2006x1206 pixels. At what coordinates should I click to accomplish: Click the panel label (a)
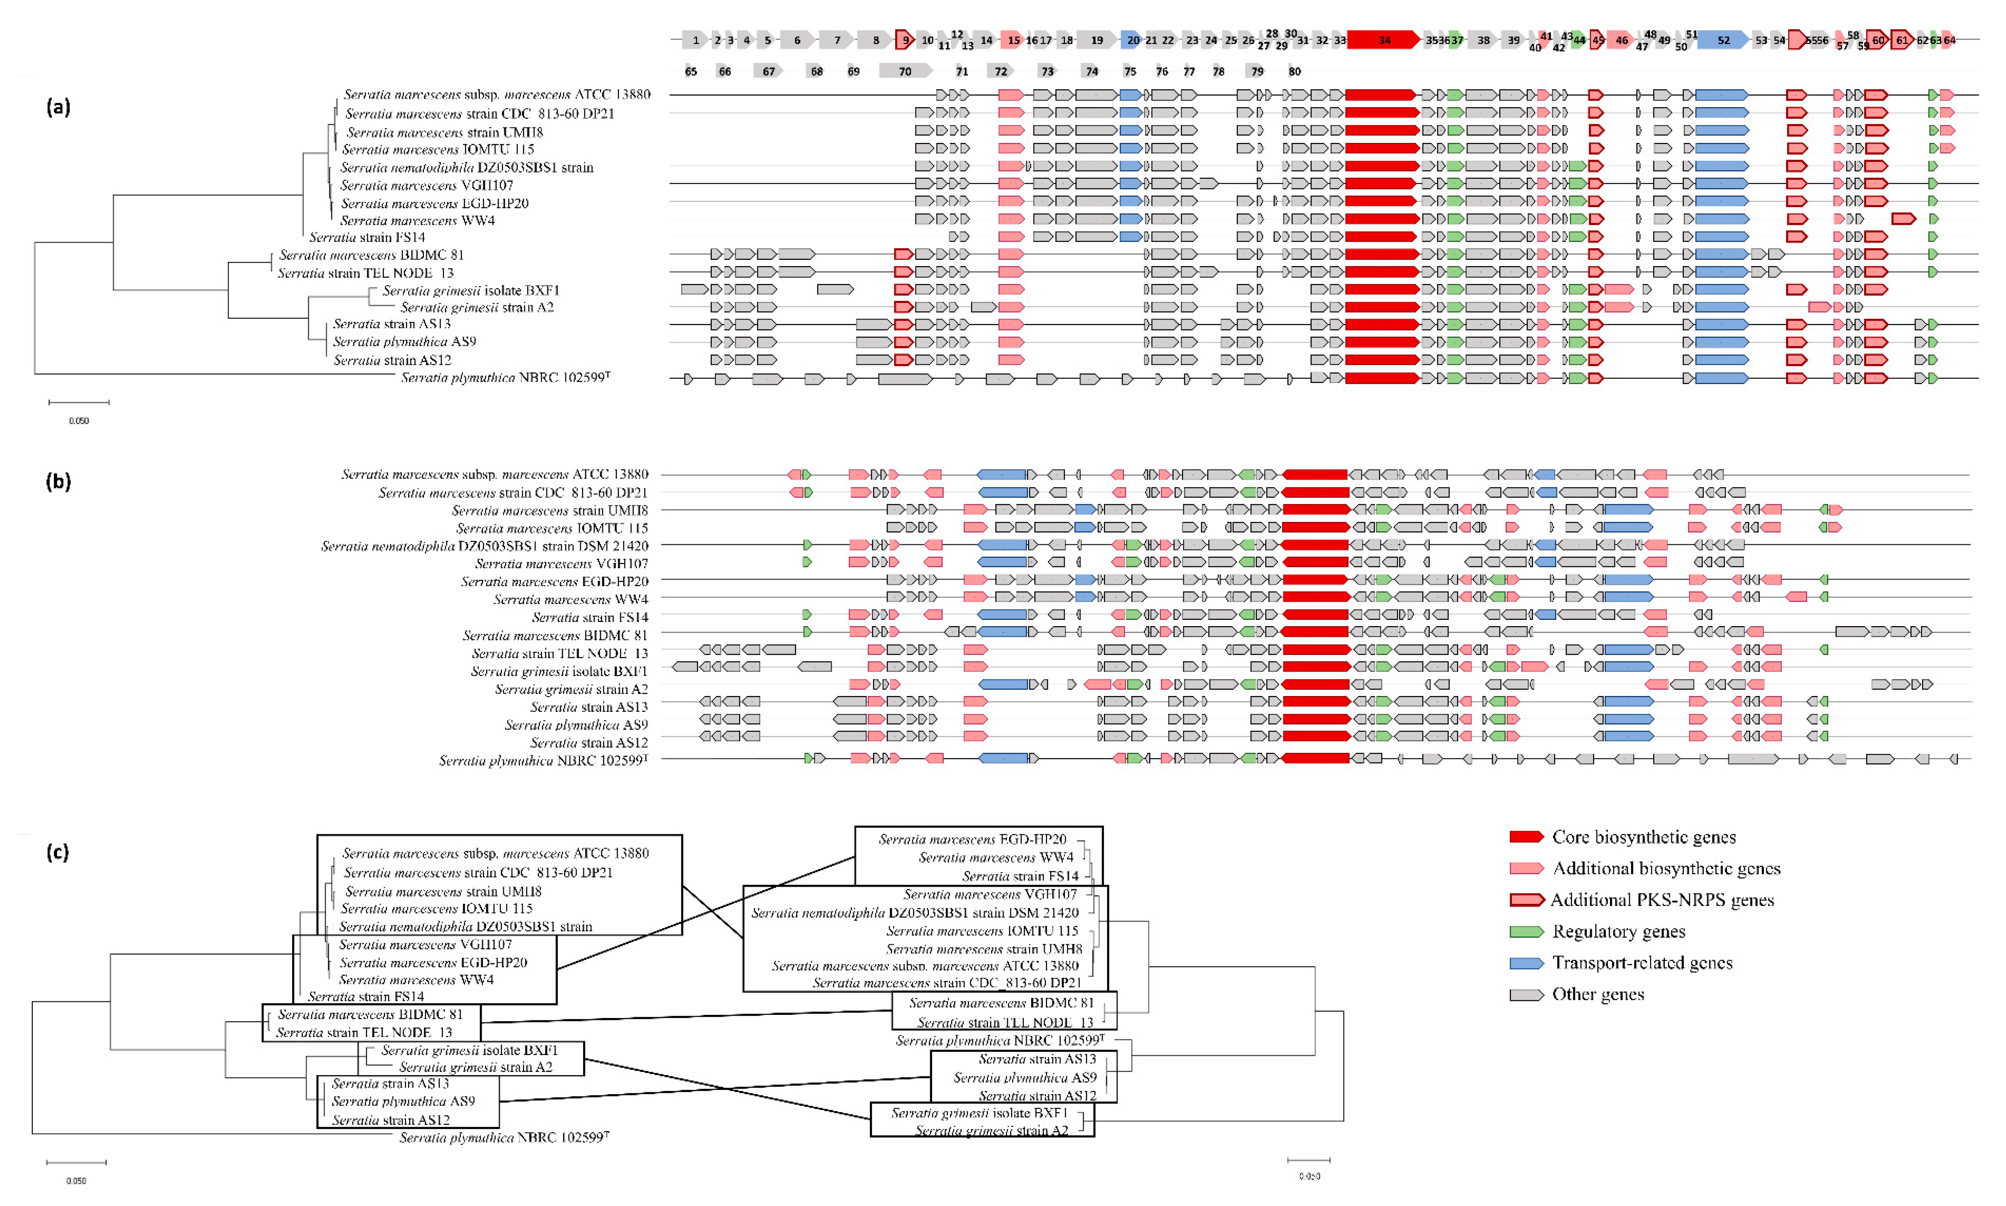point(58,106)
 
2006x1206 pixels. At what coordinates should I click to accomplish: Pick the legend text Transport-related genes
point(1642,963)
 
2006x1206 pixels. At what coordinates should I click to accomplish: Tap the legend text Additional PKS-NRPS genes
point(1661,900)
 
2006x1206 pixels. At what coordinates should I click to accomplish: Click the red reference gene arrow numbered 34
point(1384,40)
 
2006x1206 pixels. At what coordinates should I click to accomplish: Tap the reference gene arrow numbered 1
point(695,40)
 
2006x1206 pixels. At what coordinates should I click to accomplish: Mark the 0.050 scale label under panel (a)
point(79,421)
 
